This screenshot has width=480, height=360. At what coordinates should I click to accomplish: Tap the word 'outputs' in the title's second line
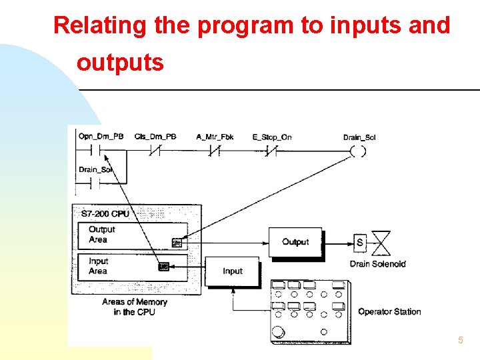(x=120, y=63)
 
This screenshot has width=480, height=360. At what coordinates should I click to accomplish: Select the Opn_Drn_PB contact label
(x=101, y=137)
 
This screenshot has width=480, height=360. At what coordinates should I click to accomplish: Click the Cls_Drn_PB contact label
(x=155, y=137)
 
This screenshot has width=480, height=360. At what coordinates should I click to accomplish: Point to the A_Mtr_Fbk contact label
(x=215, y=137)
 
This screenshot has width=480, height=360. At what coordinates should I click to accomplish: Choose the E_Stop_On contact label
(x=272, y=137)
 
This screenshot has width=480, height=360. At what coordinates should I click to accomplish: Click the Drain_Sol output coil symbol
(x=358, y=151)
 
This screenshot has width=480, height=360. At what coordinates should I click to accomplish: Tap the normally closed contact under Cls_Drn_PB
(x=155, y=151)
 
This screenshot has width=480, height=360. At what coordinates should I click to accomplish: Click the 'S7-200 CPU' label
(x=105, y=214)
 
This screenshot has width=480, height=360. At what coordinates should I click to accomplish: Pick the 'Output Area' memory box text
(x=102, y=235)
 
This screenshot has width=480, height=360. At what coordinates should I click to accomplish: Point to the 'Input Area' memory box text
(x=98, y=266)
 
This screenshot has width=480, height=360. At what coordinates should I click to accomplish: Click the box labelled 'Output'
(x=295, y=242)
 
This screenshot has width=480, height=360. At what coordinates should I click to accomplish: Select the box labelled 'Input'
(x=233, y=271)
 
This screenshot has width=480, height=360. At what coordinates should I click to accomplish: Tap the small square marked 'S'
(x=360, y=243)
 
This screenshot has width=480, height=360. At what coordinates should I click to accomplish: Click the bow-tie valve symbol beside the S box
(x=381, y=243)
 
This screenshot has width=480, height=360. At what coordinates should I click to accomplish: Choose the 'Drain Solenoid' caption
(x=377, y=264)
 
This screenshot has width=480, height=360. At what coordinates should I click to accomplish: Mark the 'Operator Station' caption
(x=389, y=311)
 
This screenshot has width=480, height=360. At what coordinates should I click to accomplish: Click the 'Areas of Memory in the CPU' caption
(x=135, y=307)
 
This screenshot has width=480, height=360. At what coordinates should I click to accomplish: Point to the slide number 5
(x=460, y=341)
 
